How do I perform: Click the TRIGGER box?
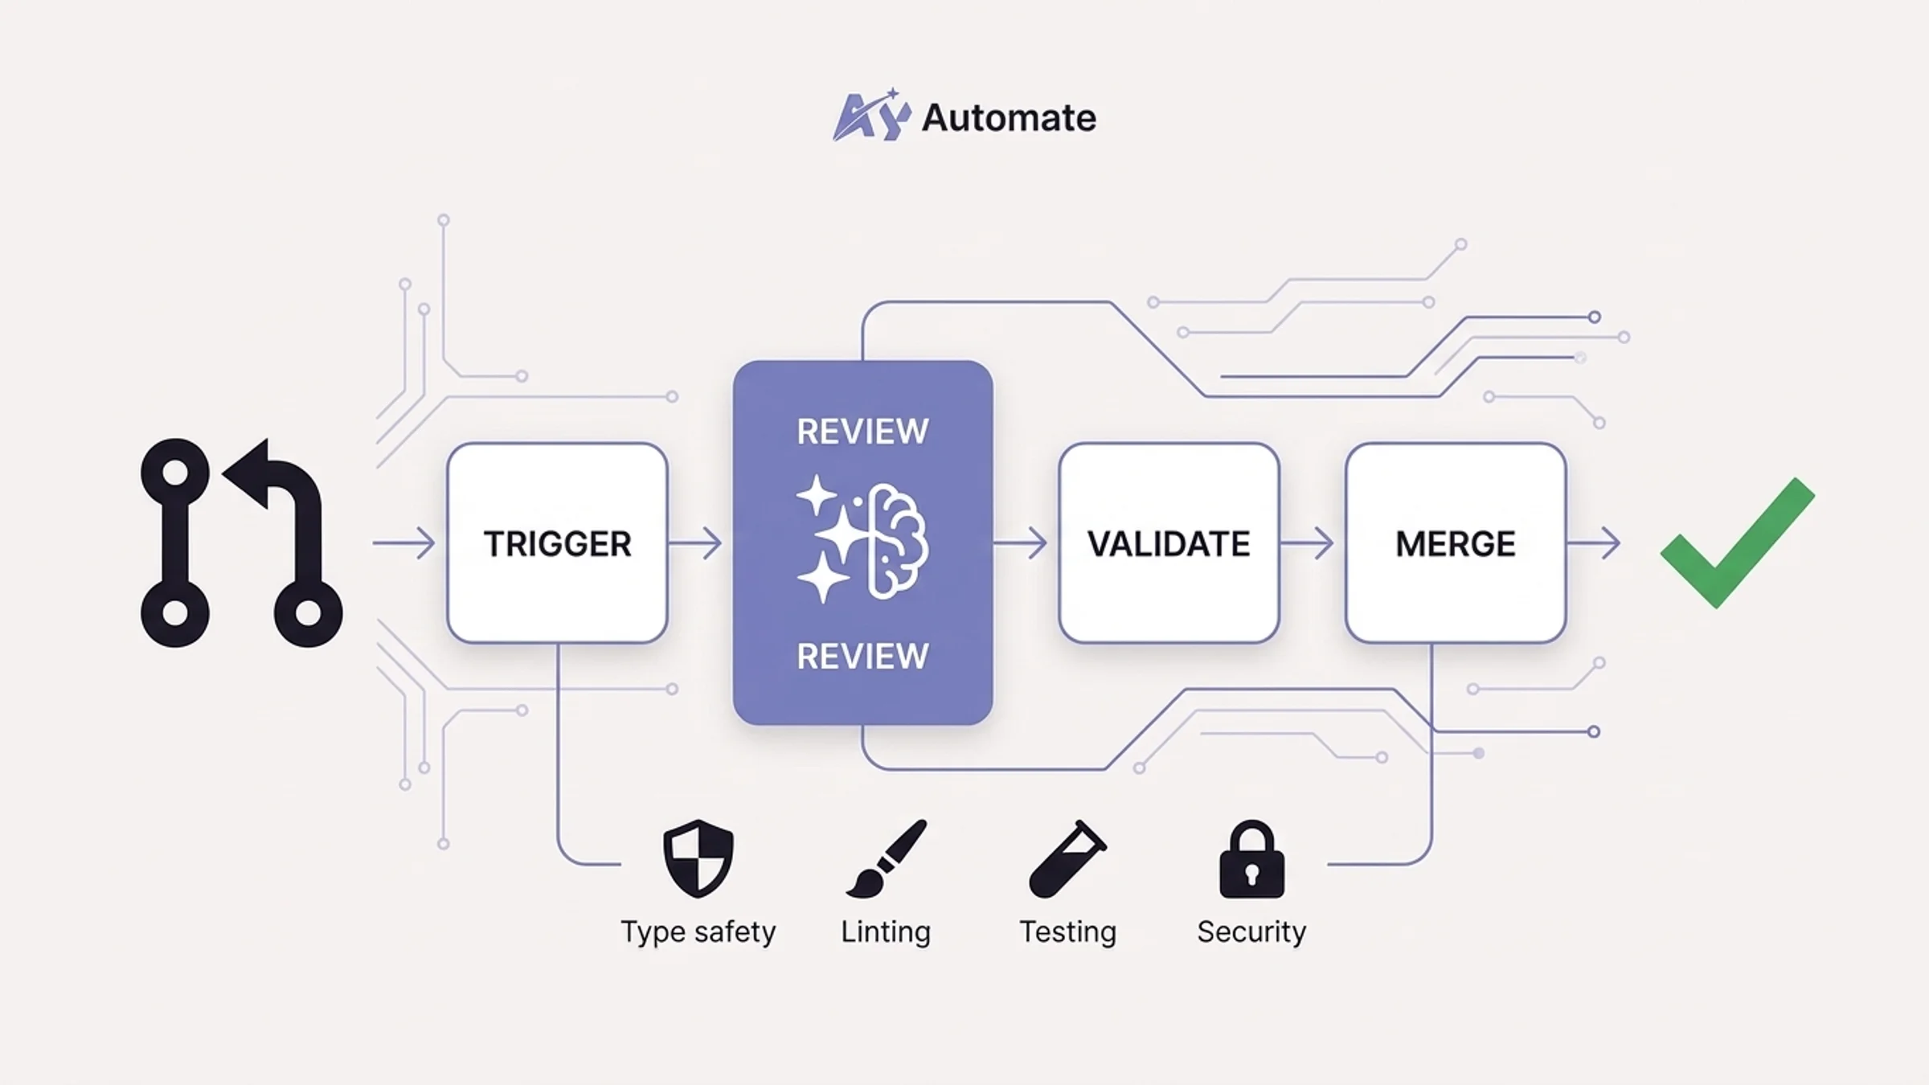coord(557,543)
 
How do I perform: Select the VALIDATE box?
coord(1169,543)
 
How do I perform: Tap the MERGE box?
coord(1456,543)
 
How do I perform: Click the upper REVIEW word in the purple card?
coord(862,432)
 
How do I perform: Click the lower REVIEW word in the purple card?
coord(862,656)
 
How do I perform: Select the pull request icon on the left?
coord(241,543)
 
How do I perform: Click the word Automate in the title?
coord(1009,118)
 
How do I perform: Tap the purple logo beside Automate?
coord(870,117)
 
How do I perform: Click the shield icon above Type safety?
coord(698,858)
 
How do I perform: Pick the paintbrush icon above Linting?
coord(887,858)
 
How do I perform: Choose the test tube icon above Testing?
coord(1067,858)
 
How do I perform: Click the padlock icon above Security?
coord(1251,859)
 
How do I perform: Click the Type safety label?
coord(698,932)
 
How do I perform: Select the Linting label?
coord(886,932)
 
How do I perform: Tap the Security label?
coord(1251,932)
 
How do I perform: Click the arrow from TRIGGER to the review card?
coord(695,543)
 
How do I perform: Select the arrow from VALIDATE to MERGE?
coord(1307,543)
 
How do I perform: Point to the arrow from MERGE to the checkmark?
coord(1594,543)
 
